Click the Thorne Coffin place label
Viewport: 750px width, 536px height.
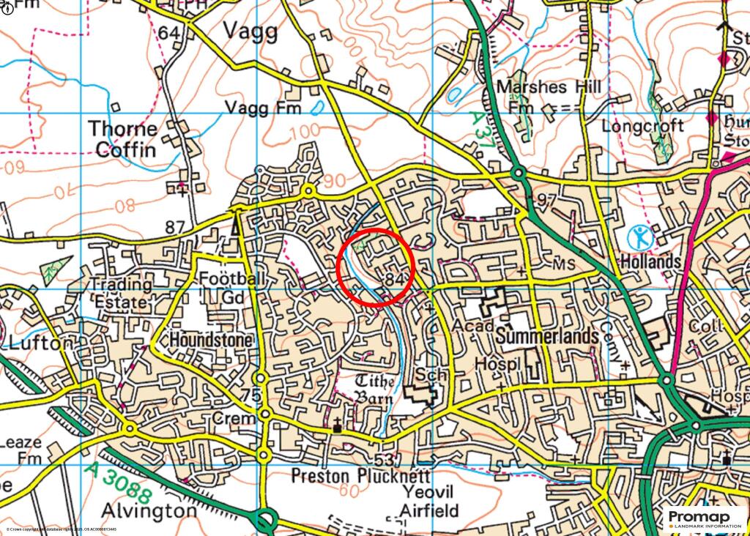coord(122,139)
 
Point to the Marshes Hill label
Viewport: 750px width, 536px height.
coord(548,87)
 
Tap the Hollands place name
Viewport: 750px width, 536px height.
coord(651,261)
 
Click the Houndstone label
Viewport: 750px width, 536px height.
coord(212,340)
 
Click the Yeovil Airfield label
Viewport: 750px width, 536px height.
coord(429,502)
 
